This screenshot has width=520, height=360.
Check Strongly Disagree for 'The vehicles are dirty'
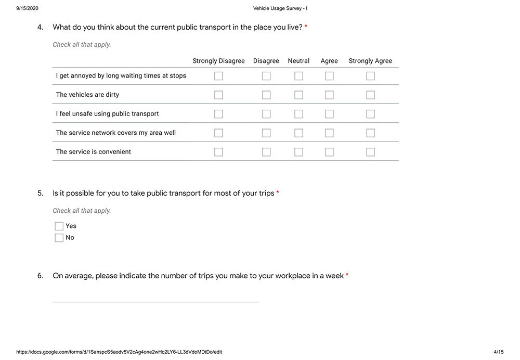[218, 95]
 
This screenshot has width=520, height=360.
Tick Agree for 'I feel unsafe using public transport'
[329, 114]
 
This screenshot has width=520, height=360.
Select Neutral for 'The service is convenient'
[298, 152]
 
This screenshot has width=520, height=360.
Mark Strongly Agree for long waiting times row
[370, 76]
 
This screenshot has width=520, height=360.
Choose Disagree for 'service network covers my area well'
[266, 133]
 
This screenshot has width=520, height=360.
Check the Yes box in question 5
[59, 226]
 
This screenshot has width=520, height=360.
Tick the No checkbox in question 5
[59, 238]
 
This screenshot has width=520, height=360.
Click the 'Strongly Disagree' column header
[218, 61]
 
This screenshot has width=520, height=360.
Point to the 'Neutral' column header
[298, 61]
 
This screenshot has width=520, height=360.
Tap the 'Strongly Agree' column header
[370, 61]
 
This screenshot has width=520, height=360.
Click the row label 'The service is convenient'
[94, 152]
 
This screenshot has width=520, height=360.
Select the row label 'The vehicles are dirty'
[87, 95]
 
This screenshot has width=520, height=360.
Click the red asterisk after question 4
[306, 27]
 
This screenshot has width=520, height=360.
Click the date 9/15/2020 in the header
[28, 8]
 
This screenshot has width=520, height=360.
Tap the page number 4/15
[498, 352]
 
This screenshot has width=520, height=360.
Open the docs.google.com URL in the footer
[119, 352]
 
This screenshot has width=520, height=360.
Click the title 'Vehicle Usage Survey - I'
[280, 8]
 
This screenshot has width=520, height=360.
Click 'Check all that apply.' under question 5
[82, 211]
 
